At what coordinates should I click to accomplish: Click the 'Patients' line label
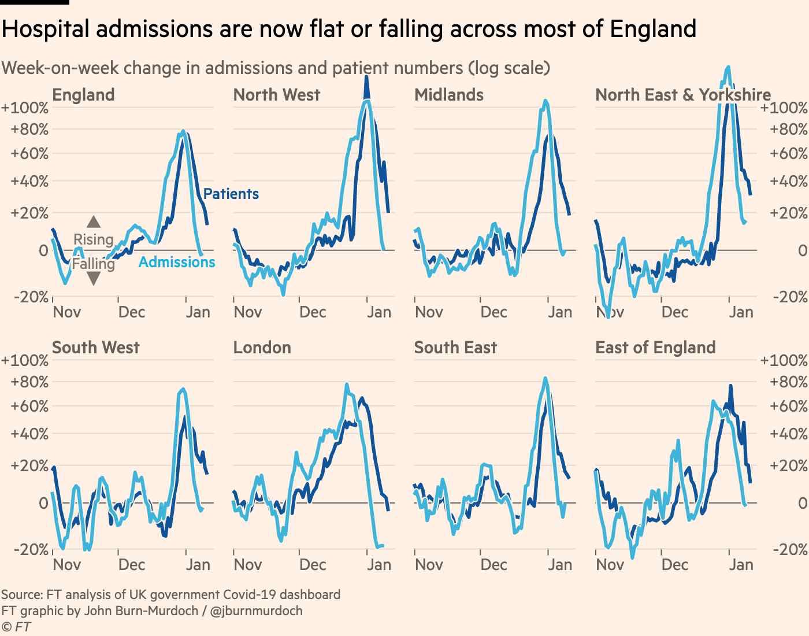point(231,194)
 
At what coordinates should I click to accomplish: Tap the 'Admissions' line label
point(177,262)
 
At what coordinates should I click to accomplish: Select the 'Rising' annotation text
point(93,239)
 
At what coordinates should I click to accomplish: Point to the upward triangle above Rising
point(94,221)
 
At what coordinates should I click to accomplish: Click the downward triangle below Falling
point(94,279)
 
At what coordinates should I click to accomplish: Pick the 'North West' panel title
point(276,95)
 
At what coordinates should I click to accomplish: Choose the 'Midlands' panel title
point(449,95)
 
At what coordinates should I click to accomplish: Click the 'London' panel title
point(262,347)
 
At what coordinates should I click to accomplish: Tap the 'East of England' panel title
point(655,347)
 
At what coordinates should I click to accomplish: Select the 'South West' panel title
point(96,347)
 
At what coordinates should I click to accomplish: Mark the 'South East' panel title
point(455,347)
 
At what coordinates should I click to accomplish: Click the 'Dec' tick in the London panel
point(313,565)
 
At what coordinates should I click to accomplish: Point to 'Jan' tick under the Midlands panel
point(559,312)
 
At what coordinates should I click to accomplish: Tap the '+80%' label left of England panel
point(29,130)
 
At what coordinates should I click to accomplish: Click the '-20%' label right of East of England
point(790,550)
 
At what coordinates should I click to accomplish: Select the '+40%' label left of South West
point(29,434)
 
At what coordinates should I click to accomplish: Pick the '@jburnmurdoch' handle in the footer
point(256,611)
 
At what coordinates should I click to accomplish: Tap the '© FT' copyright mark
point(16,627)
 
